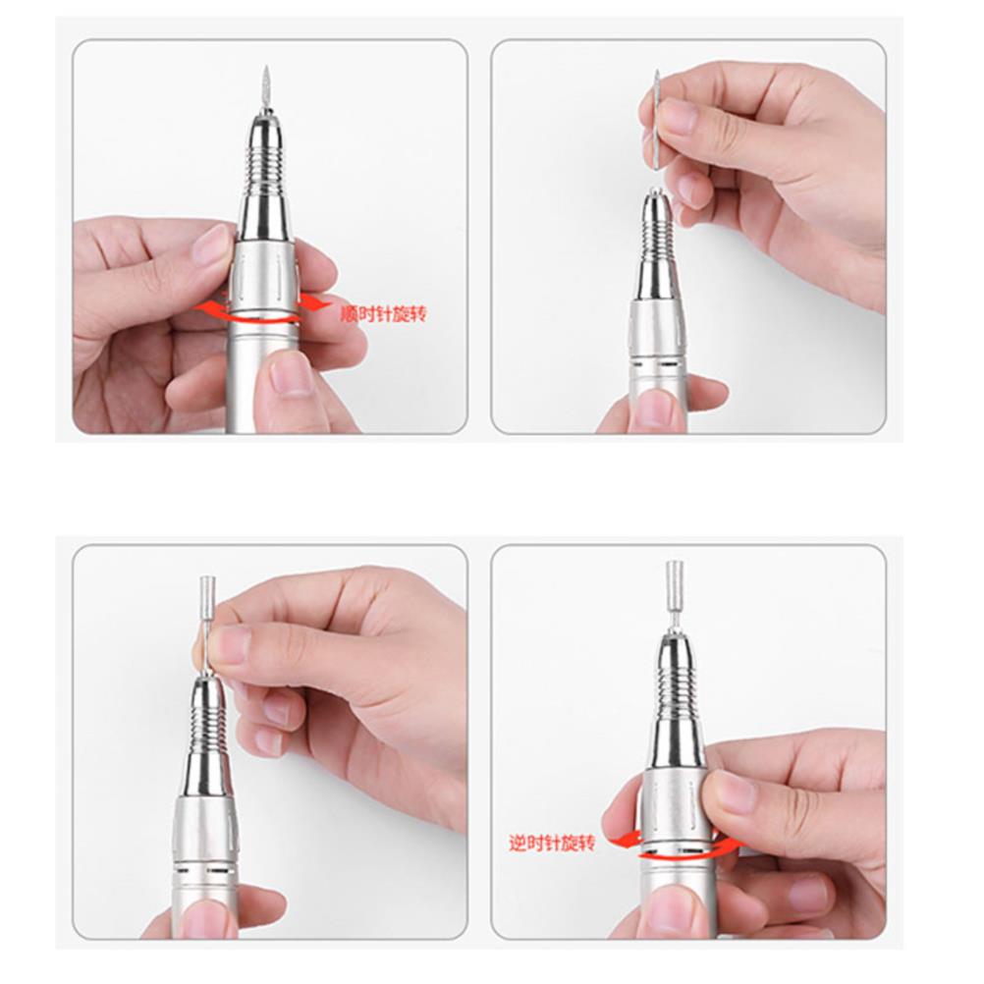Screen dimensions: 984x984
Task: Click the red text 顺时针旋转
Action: point(383,313)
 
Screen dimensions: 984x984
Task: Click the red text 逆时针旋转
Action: point(552,843)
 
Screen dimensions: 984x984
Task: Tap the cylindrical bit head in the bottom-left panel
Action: point(206,596)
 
